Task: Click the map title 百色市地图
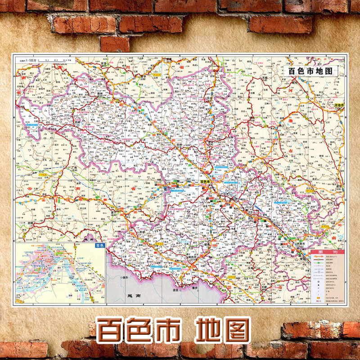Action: click(x=310, y=71)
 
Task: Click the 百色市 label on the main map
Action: click(x=205, y=182)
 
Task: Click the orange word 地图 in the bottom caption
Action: click(x=222, y=331)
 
